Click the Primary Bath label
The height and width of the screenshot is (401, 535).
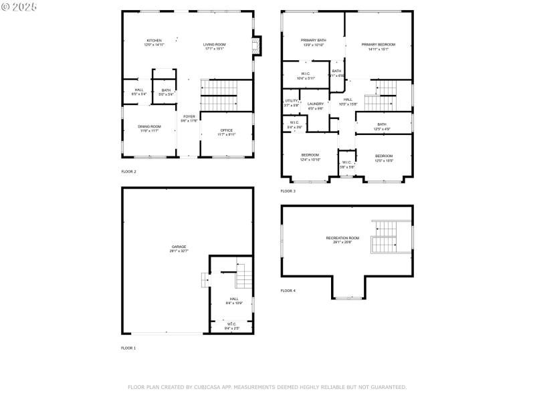point(312,42)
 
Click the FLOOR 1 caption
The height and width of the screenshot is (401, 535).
point(128,348)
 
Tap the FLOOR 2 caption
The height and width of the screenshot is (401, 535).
point(128,172)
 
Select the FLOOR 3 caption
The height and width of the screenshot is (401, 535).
point(288,191)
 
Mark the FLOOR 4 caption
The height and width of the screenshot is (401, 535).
point(288,291)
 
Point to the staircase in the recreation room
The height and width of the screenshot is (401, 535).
point(385,237)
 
